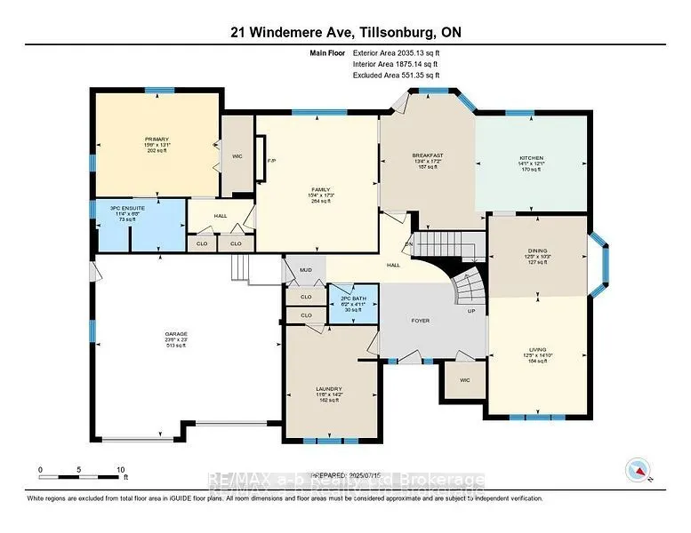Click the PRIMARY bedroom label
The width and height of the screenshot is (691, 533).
157,139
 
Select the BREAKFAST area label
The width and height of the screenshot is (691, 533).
427,155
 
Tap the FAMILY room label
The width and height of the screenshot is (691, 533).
320,188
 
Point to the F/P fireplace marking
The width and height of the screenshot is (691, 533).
271,161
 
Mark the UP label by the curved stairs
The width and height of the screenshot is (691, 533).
472,311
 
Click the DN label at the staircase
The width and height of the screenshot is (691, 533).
409,245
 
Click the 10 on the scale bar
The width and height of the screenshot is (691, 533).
120,469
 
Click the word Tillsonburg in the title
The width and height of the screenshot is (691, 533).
392,33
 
